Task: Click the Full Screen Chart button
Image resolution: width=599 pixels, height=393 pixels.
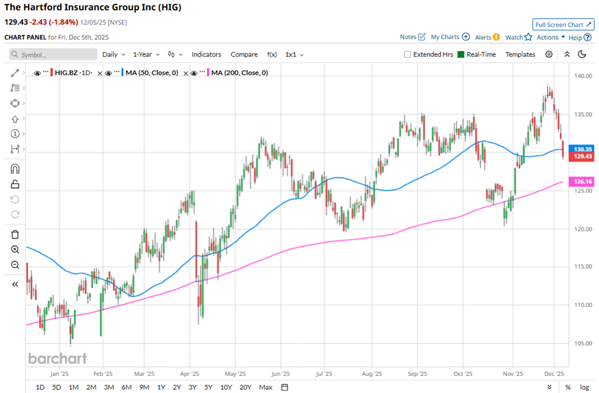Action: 563,24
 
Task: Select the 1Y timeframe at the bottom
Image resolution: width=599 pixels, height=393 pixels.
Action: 161,387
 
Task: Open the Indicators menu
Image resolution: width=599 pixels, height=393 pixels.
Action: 206,55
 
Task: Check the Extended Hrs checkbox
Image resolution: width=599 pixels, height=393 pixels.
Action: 408,55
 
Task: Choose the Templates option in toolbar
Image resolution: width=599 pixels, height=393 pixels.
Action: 520,55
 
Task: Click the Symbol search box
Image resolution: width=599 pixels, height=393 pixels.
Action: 54,55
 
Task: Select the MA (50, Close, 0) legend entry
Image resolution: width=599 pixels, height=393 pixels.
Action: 152,73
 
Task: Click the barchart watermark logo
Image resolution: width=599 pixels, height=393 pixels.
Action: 57,359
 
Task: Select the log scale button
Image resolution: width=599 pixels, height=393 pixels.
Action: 584,387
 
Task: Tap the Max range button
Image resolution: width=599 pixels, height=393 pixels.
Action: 266,387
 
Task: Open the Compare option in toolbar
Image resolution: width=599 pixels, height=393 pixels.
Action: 244,55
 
